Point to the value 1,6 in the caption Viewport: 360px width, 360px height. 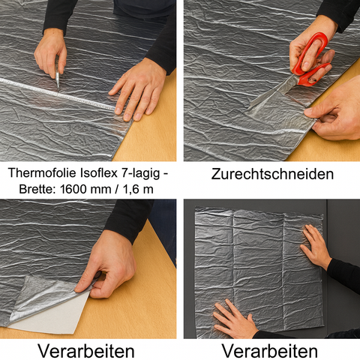tap(133, 189)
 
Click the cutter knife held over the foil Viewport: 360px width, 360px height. tap(56, 79)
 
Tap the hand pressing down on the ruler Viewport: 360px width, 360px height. tap(139, 86)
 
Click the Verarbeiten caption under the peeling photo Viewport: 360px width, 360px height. tap(88, 349)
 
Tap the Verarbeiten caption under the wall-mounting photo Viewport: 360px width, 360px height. tap(271, 349)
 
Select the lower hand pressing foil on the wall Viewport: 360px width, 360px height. tap(233, 319)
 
